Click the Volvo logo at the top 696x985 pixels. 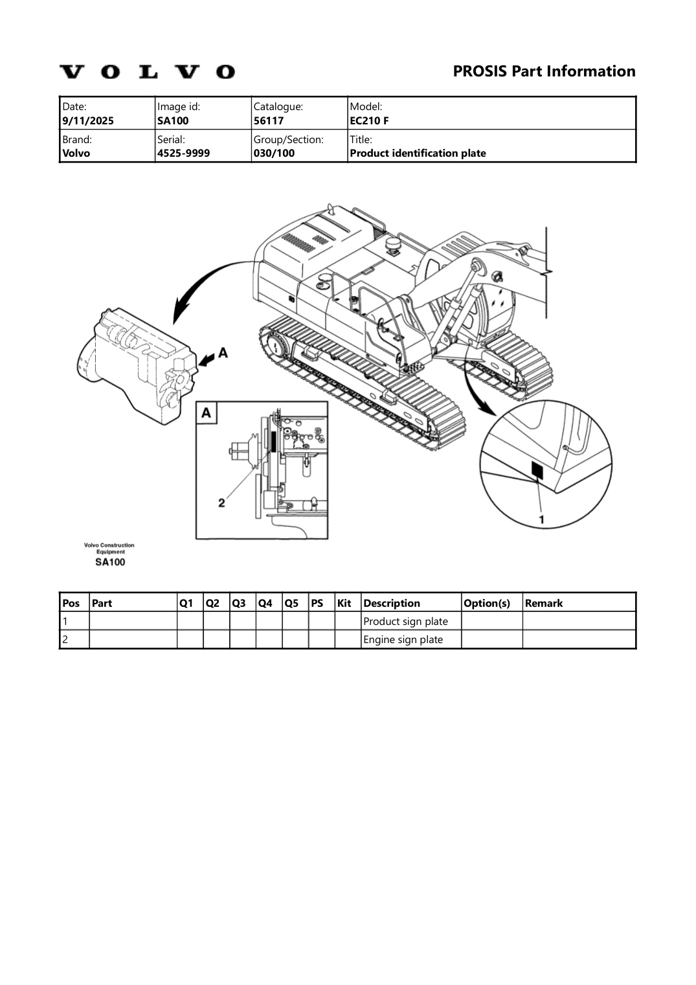[147, 72]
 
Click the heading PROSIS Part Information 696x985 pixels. [544, 71]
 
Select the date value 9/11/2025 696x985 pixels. [88, 120]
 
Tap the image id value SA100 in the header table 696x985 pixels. [173, 120]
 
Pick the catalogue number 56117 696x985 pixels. [268, 120]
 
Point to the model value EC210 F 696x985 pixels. [369, 120]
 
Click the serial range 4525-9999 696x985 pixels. [183, 153]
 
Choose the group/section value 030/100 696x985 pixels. [274, 153]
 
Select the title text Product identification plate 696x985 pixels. [418, 153]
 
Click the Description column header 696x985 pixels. [392, 603]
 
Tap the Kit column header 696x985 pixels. [344, 603]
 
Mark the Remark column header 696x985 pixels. [544, 603]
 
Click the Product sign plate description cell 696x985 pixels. [405, 621]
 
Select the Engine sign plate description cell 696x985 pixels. [403, 639]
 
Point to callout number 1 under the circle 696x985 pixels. [542, 519]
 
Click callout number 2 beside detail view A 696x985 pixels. [221, 503]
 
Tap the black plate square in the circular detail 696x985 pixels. [537, 470]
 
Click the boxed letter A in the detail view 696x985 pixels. [207, 413]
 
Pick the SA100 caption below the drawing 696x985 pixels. [110, 562]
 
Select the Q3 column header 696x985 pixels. [239, 603]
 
